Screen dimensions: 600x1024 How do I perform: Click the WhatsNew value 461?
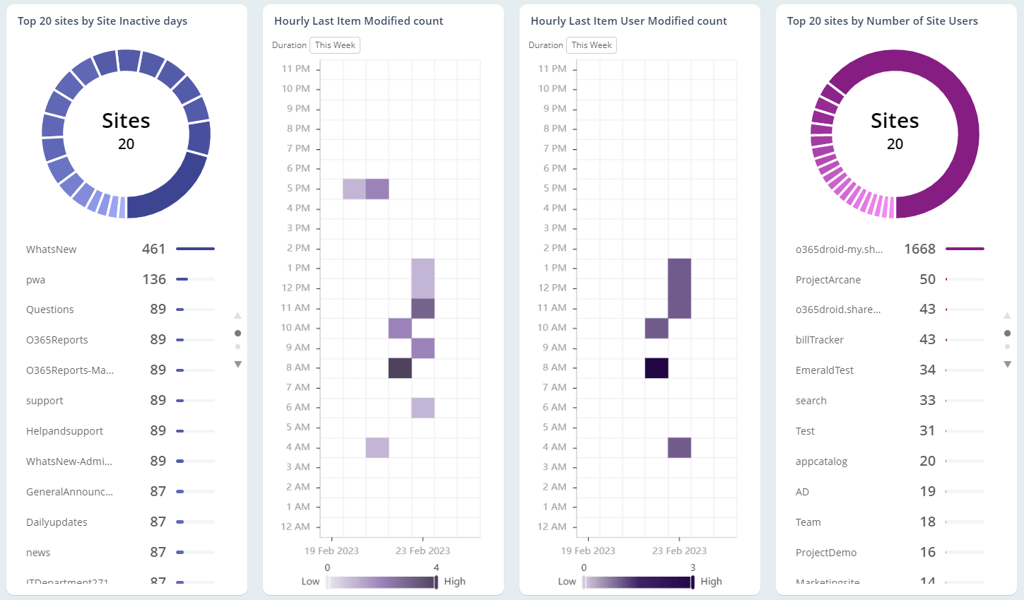pyautogui.click(x=153, y=249)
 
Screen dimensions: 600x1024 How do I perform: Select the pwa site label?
pyautogui.click(x=36, y=280)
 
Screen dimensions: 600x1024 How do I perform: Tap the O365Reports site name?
pyautogui.click(x=57, y=340)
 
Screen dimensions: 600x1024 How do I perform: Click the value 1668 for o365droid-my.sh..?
pyautogui.click(x=919, y=249)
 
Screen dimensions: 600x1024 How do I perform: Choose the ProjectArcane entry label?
pyautogui.click(x=828, y=280)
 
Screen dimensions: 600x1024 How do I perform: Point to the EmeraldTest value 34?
pyautogui.click(x=927, y=370)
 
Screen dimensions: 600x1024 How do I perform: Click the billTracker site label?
pyautogui.click(x=820, y=340)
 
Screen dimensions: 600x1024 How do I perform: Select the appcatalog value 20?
pyautogui.click(x=927, y=461)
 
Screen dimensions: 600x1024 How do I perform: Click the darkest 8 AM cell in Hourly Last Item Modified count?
pyautogui.click(x=400, y=368)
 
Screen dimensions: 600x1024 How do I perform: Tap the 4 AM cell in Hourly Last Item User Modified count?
pyautogui.click(x=679, y=447)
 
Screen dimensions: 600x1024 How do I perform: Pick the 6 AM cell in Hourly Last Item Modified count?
pyautogui.click(x=423, y=408)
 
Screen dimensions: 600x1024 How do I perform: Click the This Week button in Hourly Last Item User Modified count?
pyautogui.click(x=592, y=45)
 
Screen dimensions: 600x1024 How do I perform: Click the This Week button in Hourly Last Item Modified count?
pyautogui.click(x=335, y=45)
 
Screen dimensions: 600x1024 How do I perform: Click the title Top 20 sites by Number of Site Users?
pyautogui.click(x=882, y=21)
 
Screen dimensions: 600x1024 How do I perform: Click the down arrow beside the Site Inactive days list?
pyautogui.click(x=238, y=365)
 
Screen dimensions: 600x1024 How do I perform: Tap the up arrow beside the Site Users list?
pyautogui.click(x=1007, y=315)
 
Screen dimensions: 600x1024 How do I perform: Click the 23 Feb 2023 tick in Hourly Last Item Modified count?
pyautogui.click(x=423, y=551)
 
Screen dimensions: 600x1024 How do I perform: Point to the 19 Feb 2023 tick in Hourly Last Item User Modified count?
pyautogui.click(x=588, y=551)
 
